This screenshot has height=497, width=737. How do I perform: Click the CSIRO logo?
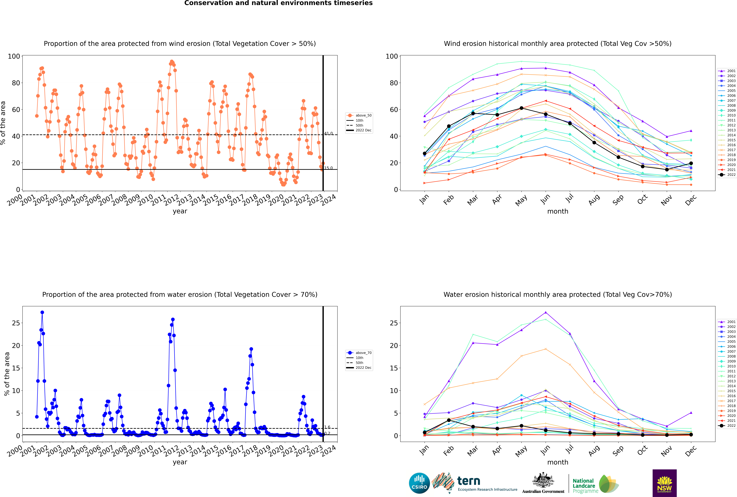tap(419, 483)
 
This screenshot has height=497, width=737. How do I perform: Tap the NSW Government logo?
tap(664, 483)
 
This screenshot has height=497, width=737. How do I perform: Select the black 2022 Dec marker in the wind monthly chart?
tap(691, 163)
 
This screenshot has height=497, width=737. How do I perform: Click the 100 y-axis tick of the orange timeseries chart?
tap(14, 56)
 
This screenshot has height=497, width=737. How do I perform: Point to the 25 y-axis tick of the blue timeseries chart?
tap(16, 323)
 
